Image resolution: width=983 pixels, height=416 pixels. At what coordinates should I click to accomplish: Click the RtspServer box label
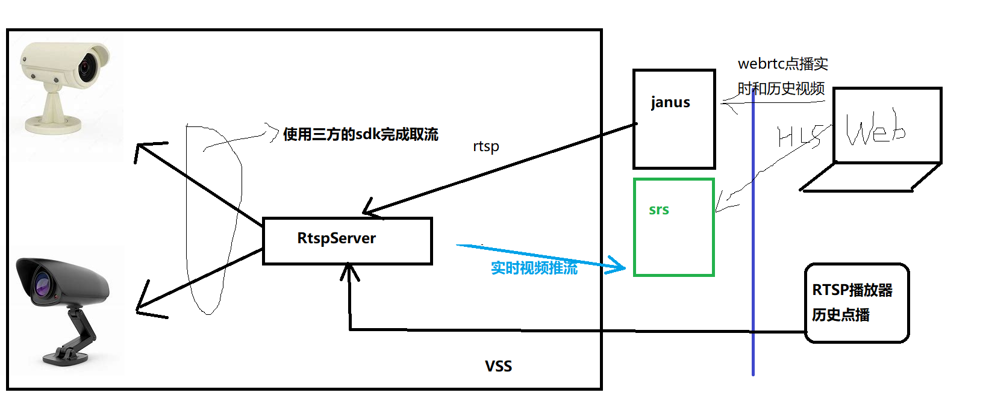tap(336, 238)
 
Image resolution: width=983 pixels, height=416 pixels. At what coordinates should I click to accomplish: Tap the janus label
tap(670, 102)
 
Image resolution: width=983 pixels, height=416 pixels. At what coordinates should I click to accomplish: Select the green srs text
tap(658, 210)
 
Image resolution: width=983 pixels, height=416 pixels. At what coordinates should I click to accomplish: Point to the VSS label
tap(498, 366)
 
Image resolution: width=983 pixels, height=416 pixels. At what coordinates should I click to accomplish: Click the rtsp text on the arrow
tap(485, 146)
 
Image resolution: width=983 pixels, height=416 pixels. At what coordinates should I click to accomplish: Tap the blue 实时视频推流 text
tap(534, 268)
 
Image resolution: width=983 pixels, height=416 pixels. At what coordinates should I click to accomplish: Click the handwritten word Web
tap(875, 129)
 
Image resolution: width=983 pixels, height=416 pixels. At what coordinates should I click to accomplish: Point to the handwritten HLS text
tap(799, 137)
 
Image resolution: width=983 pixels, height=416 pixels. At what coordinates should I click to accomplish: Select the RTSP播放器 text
tap(852, 290)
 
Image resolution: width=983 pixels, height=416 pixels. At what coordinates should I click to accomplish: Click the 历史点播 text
tap(840, 315)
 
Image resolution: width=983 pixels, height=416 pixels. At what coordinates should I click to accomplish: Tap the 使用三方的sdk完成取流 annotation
tap(360, 134)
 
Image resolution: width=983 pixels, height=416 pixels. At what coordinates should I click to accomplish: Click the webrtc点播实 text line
tap(782, 64)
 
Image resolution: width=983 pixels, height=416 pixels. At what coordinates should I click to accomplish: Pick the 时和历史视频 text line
tap(781, 88)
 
